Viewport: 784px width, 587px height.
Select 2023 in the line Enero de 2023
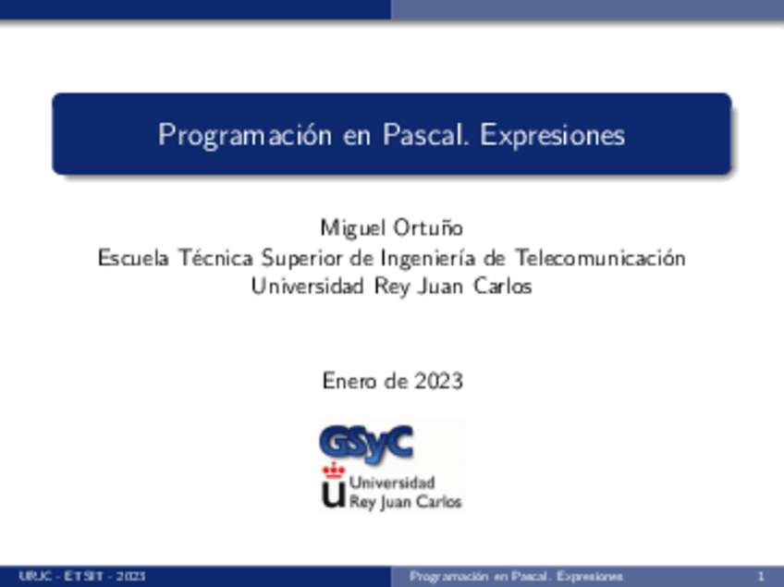click(438, 381)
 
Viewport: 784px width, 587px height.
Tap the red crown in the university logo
click(332, 471)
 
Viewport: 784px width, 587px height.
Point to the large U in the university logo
click(332, 495)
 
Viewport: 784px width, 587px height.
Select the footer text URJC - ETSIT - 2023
click(81, 577)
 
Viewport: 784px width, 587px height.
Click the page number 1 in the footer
click(759, 577)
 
